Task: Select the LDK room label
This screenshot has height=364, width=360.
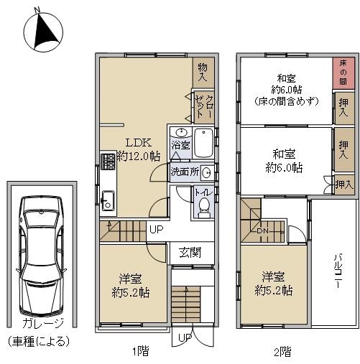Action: click(x=139, y=143)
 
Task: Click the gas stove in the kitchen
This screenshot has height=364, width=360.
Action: click(x=109, y=161)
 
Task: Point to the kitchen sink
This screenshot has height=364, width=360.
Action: click(x=108, y=200)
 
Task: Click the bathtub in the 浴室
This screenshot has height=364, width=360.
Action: click(x=203, y=143)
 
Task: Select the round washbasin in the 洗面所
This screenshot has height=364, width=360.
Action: click(x=206, y=172)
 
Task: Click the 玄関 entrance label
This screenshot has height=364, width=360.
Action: click(x=190, y=253)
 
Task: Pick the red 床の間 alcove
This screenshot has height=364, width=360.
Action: click(x=343, y=73)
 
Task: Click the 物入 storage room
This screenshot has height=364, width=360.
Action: click(x=203, y=73)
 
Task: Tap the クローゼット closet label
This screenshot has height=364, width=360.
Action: click(x=204, y=107)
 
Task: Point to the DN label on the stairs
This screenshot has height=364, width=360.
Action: click(x=263, y=231)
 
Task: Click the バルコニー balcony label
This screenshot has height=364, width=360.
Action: click(x=338, y=274)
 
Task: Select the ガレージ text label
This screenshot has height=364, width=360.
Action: click(x=43, y=323)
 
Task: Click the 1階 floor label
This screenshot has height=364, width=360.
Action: click(x=141, y=351)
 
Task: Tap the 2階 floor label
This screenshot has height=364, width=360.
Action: click(x=282, y=352)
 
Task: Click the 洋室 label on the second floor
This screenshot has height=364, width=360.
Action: click(x=273, y=276)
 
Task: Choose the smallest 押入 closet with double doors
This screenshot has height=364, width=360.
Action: click(x=344, y=185)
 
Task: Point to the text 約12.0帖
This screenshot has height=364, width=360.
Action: click(x=139, y=157)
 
